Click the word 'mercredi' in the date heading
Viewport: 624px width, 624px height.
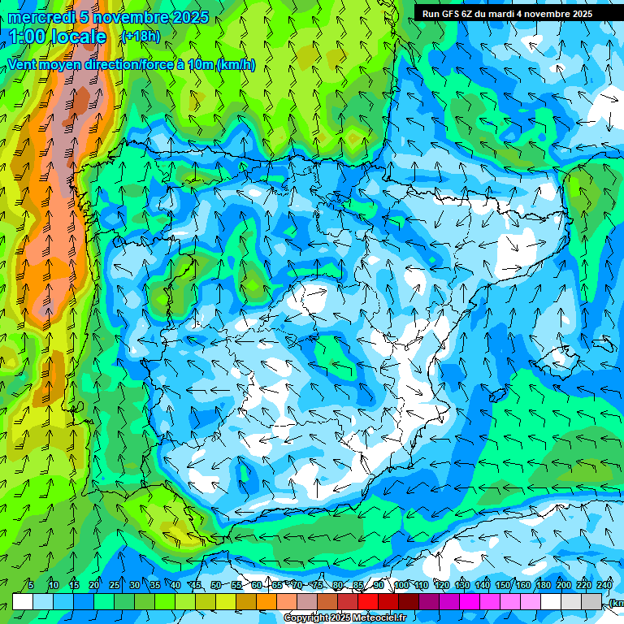(x=37, y=18)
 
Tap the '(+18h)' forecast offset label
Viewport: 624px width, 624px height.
(x=140, y=36)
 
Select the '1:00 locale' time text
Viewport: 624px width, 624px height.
(x=58, y=37)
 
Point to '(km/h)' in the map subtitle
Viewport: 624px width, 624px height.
(x=236, y=65)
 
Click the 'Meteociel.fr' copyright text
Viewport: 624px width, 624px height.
(x=374, y=618)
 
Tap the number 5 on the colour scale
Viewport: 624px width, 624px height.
(x=30, y=586)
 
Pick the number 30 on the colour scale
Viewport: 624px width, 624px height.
(x=134, y=586)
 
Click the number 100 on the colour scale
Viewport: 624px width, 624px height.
(x=401, y=586)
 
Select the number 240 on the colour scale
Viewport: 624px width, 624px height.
(x=604, y=586)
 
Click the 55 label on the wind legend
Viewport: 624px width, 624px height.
(x=236, y=586)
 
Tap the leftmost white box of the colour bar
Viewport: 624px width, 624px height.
(x=23, y=601)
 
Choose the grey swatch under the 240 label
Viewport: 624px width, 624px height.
(x=613, y=601)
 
